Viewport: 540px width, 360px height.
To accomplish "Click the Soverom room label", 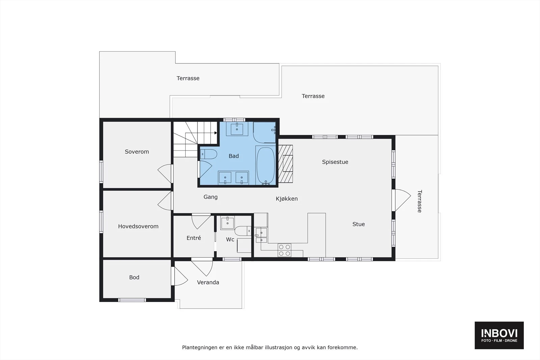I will pyautogui.click(x=137, y=152).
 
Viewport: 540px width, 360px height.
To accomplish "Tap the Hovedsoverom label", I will pyautogui.click(x=138, y=226).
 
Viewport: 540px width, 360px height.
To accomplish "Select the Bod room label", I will pyautogui.click(x=134, y=277).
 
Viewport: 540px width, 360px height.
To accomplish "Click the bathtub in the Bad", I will pyautogui.click(x=266, y=165).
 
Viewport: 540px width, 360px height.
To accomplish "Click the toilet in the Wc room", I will pyautogui.click(x=243, y=231).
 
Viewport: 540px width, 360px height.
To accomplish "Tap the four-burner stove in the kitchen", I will pyautogui.click(x=284, y=250).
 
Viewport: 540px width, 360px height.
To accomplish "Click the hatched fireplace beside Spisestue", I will pyautogui.click(x=286, y=164).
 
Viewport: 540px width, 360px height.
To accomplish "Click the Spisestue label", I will pyautogui.click(x=335, y=162).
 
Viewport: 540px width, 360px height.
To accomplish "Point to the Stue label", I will pyautogui.click(x=358, y=224).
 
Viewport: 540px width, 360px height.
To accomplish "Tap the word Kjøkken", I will pyautogui.click(x=287, y=199).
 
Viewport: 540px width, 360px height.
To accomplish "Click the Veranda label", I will pyautogui.click(x=208, y=282).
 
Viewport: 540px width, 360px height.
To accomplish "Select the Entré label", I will pyautogui.click(x=194, y=238).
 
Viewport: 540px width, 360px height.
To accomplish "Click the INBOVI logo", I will pyautogui.click(x=499, y=335).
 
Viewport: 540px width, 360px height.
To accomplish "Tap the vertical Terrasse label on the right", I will pyautogui.click(x=420, y=201).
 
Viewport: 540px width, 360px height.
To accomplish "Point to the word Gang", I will pyautogui.click(x=211, y=197).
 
